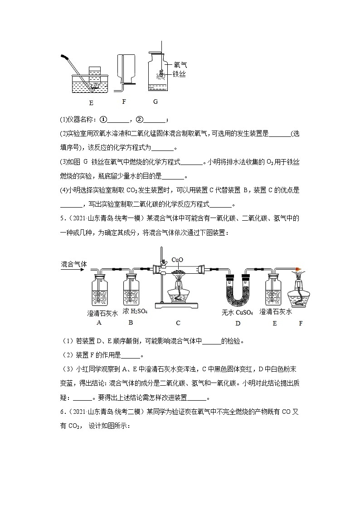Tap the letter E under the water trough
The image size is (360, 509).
[92, 102]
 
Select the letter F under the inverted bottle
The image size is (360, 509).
[124, 102]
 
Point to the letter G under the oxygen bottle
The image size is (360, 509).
[156, 102]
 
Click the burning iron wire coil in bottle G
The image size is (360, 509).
[161, 73]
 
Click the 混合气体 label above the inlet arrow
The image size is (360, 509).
[73, 264]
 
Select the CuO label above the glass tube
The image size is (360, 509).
[177, 260]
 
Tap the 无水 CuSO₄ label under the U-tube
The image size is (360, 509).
[237, 312]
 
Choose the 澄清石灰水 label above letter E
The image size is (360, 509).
[275, 312]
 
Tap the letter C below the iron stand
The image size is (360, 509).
[178, 323]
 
